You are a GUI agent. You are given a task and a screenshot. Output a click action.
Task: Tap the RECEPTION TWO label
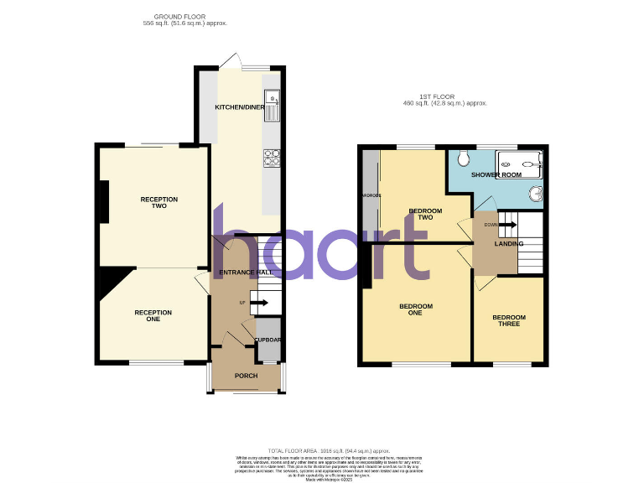point(159,202)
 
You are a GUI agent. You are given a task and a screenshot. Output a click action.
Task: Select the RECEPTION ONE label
point(153,315)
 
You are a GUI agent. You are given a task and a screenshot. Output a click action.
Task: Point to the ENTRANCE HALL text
point(247,273)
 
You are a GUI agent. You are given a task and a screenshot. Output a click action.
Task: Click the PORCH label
point(247,376)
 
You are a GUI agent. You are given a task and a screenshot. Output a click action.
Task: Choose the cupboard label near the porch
point(267,340)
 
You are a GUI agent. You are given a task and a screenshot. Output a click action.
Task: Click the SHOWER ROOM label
point(496,174)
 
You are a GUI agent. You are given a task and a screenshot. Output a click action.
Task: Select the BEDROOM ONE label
point(416,309)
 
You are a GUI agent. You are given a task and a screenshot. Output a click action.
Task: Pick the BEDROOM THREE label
point(509,320)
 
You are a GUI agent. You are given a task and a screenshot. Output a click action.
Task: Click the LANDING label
point(509,244)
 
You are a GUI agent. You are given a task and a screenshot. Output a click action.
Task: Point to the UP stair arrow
point(259,302)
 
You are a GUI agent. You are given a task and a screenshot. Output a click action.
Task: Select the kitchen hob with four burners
point(273,157)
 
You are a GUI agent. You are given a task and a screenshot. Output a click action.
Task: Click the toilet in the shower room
point(463,159)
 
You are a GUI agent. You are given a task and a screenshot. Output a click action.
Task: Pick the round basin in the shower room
point(536,195)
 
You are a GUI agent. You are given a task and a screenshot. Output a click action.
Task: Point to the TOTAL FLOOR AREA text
point(330,449)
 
